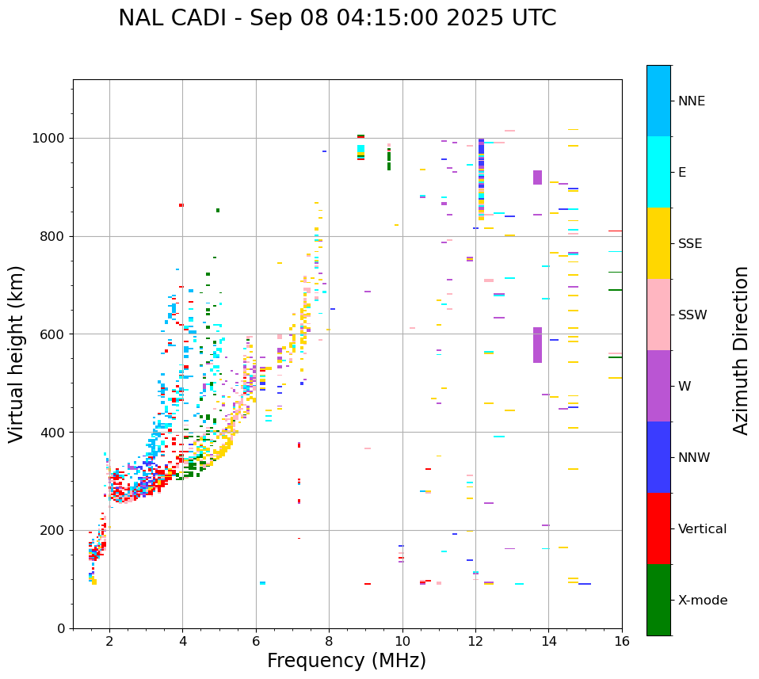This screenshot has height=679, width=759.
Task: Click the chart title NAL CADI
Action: (x=337, y=18)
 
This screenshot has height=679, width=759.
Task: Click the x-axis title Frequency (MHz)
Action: (x=346, y=661)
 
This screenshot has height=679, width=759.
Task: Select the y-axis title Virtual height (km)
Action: (x=17, y=353)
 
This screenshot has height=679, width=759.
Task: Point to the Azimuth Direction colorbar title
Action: (x=741, y=350)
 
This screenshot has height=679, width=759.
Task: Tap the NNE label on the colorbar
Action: (x=691, y=101)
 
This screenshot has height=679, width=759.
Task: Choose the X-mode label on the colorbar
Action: (x=702, y=601)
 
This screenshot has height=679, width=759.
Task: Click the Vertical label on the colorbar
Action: (x=702, y=529)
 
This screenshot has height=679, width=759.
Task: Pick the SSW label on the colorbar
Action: (x=692, y=315)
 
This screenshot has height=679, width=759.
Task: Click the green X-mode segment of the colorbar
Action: (x=658, y=600)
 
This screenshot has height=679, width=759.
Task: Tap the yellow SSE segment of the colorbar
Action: (x=658, y=243)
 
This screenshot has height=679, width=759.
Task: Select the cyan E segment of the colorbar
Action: (x=658, y=172)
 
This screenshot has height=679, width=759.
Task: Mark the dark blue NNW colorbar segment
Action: (x=658, y=457)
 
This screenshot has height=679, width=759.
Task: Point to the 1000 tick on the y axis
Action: (x=50, y=139)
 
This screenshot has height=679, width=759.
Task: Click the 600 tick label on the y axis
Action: (x=53, y=334)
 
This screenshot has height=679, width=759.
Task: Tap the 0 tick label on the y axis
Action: (x=61, y=629)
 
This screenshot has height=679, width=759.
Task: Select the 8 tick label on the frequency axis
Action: (x=329, y=642)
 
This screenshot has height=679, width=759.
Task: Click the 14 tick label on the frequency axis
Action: (x=549, y=642)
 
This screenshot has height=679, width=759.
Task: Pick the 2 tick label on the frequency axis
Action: (x=109, y=642)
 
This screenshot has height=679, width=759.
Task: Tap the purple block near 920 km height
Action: (x=537, y=177)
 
